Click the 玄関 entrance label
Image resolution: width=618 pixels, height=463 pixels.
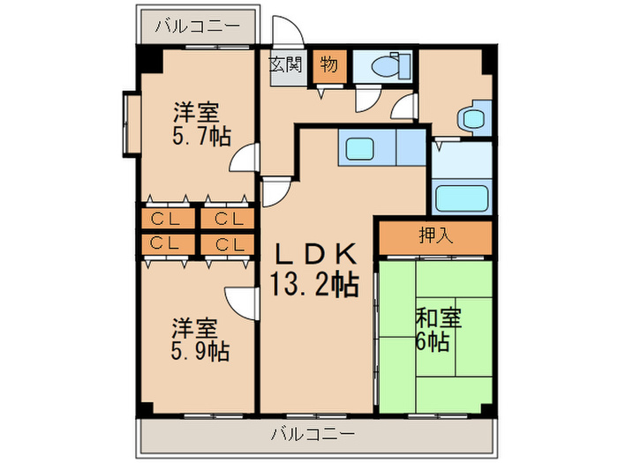[x=285, y=65]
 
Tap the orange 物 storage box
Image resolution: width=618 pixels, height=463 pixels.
[x=328, y=65]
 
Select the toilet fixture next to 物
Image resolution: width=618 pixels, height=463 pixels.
[x=385, y=65]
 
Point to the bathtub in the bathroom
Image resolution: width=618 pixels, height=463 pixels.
[x=463, y=198]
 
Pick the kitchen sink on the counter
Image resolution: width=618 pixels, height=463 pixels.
[x=363, y=147]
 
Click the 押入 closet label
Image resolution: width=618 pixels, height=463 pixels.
[x=434, y=235]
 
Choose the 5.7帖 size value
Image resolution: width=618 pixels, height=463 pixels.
[x=202, y=136]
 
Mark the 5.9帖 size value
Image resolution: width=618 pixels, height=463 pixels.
[x=200, y=351]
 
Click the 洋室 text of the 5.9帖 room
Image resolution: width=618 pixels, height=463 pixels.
[x=194, y=327]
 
